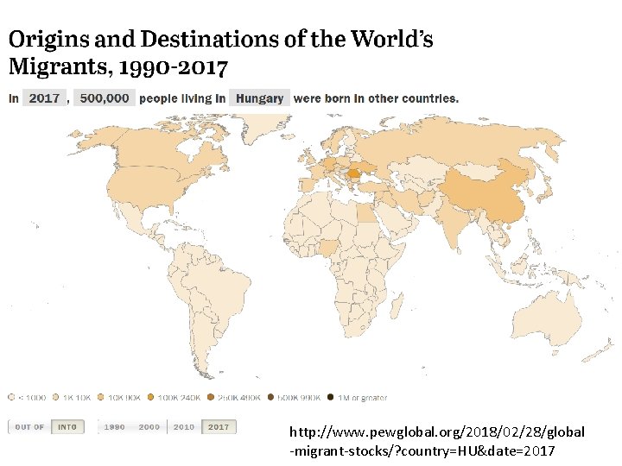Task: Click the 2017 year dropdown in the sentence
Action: [45, 98]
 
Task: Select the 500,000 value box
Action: [104, 98]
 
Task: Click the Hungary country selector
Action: [259, 98]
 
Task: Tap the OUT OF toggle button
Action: [30, 427]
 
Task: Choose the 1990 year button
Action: [114, 427]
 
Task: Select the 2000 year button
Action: [149, 427]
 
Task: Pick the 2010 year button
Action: [184, 427]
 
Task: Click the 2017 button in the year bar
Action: [219, 427]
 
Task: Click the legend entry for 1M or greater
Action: [356, 398]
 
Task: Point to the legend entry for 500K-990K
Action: [293, 398]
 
